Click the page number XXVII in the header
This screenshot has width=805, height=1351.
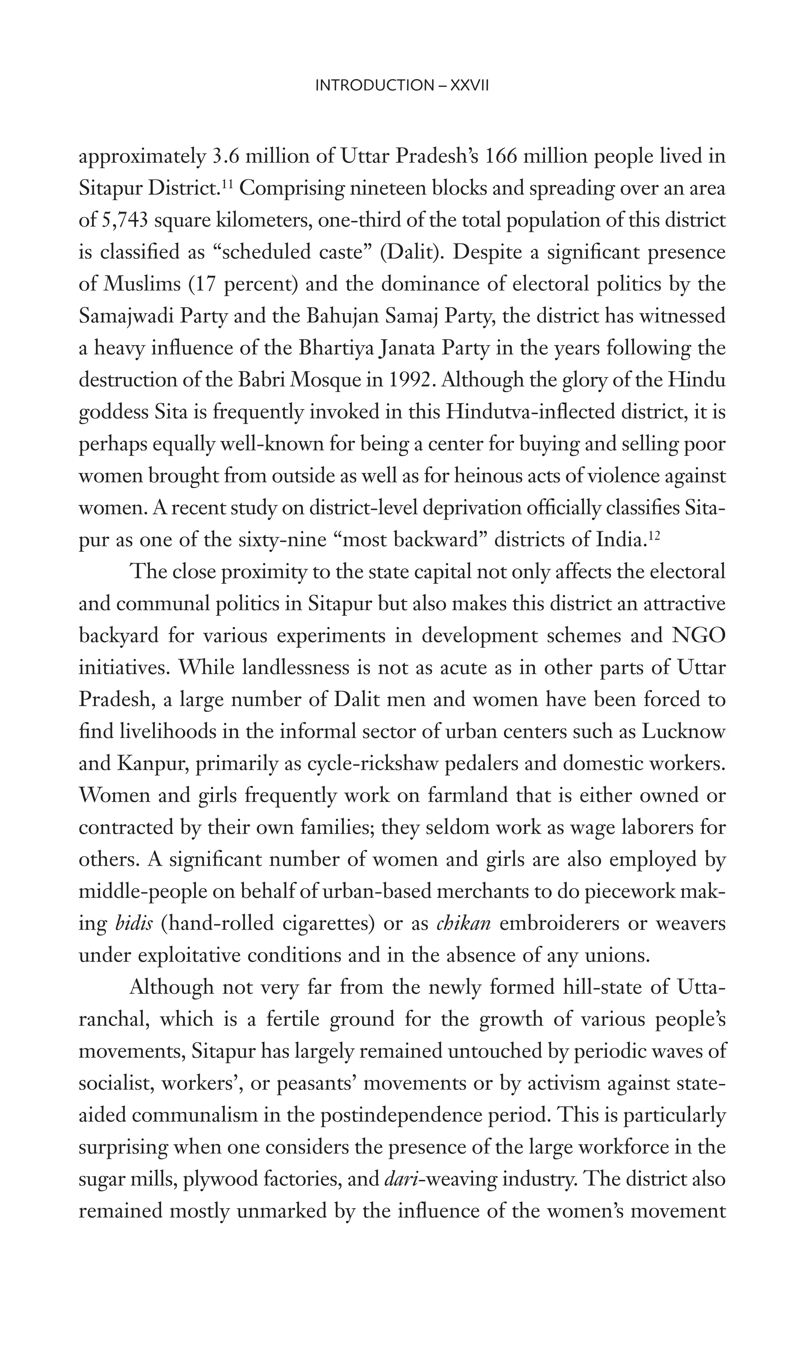click(470, 85)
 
